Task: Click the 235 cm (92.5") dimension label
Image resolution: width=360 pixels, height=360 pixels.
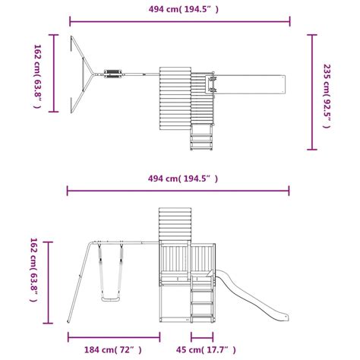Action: [x=327, y=96]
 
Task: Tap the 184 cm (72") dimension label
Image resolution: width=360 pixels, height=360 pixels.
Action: [x=113, y=350]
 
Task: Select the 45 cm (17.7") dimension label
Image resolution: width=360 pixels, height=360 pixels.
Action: [x=206, y=350]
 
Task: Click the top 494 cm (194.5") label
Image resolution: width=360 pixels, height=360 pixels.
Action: [x=184, y=9]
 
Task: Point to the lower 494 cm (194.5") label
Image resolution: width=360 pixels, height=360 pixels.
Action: [x=183, y=178]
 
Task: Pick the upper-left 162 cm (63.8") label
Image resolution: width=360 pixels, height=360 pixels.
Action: [x=37, y=77]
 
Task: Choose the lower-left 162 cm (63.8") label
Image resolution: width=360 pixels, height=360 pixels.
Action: [x=33, y=270]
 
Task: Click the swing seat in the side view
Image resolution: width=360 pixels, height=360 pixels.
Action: [x=110, y=299]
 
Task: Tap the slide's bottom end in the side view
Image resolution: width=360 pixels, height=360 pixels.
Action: [x=286, y=317]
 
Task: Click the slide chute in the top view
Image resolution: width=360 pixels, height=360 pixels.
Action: [x=250, y=84]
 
